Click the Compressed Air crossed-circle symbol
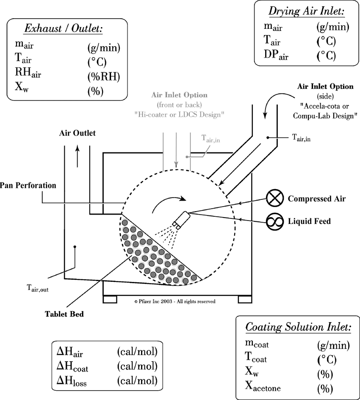274,199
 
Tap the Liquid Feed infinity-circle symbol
274,221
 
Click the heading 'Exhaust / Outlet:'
64,29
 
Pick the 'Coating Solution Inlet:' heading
298,327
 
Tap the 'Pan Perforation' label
28,185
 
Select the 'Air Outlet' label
77,133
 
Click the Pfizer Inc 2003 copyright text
174,301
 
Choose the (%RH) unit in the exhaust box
103,77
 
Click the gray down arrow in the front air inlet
176,152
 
